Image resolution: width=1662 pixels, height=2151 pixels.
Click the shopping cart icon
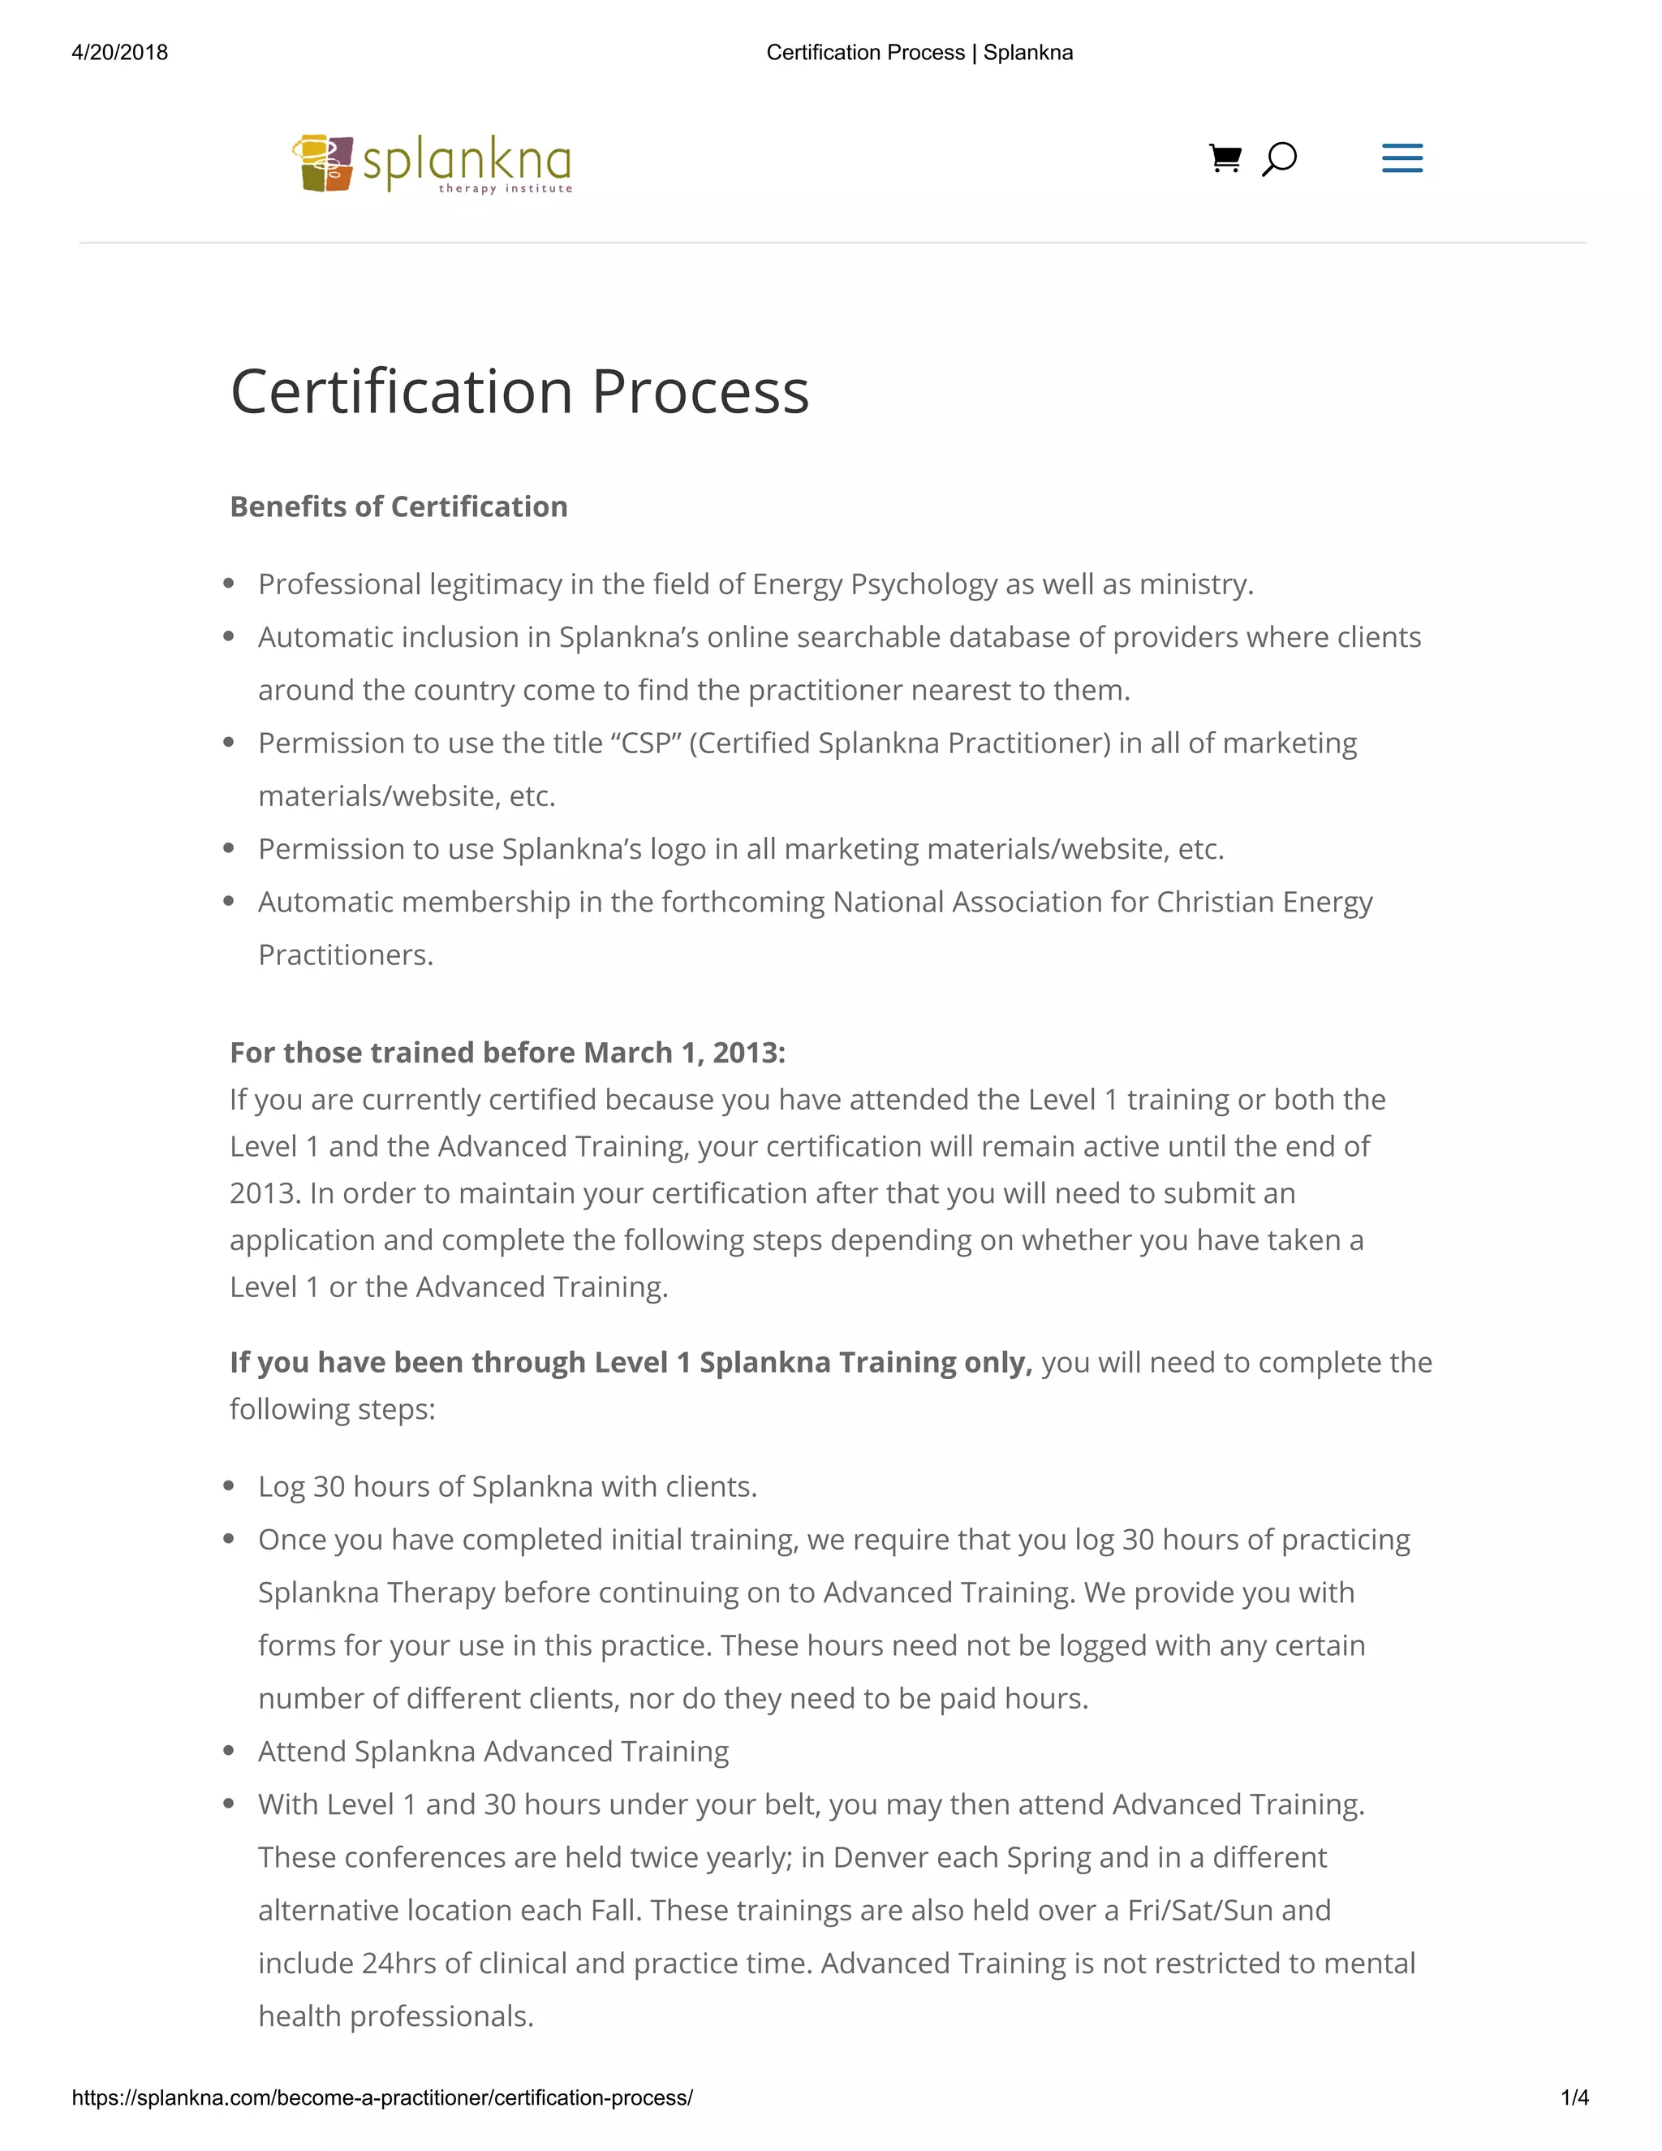click(x=1225, y=157)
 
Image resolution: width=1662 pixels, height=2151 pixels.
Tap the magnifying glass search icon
click(x=1279, y=158)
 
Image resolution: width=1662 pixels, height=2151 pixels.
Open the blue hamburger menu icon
click(x=1402, y=157)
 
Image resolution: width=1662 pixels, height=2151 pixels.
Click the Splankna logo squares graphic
click(x=323, y=162)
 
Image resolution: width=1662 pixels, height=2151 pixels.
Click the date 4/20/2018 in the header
click(x=120, y=52)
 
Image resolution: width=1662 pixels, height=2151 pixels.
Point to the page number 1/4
click(x=1574, y=2097)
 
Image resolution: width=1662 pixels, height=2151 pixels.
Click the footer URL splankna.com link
click(x=382, y=2097)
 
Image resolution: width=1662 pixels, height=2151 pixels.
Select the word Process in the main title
click(x=700, y=392)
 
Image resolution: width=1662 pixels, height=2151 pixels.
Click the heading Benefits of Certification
click(x=398, y=506)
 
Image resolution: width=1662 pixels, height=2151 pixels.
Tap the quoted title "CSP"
click(x=646, y=743)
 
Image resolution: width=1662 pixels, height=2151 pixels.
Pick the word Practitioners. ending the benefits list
click(x=346, y=955)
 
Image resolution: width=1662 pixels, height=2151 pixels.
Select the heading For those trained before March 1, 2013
click(x=507, y=1052)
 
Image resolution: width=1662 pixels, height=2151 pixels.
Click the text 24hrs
click(x=398, y=1963)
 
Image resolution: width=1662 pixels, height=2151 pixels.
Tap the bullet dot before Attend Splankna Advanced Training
click(x=228, y=1751)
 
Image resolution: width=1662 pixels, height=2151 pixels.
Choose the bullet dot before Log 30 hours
click(x=228, y=1486)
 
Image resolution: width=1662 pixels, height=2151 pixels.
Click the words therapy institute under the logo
click(x=505, y=188)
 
